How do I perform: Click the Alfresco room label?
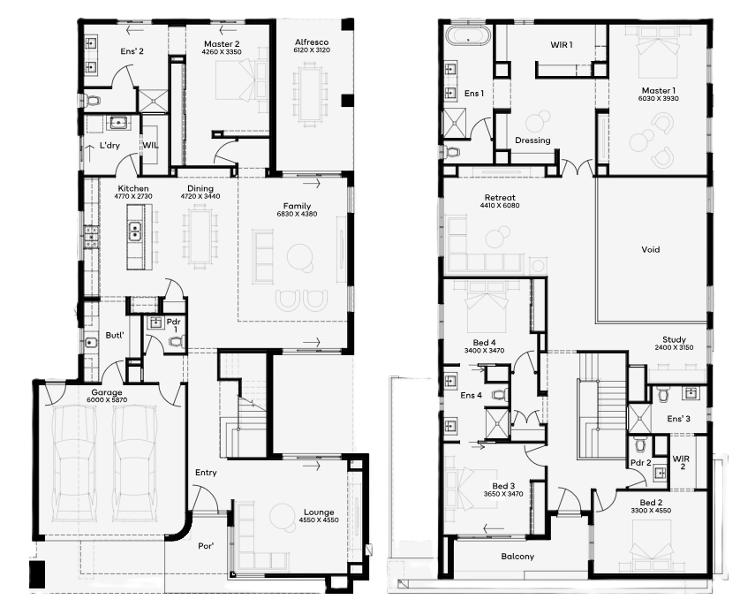pyautogui.click(x=312, y=42)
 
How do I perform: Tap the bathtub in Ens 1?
pyautogui.click(x=467, y=36)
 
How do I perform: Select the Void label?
pyautogui.click(x=650, y=249)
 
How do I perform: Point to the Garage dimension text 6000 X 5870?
pyautogui.click(x=107, y=400)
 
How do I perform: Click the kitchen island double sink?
pyautogui.click(x=134, y=231)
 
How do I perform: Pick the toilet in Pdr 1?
pyautogui.click(x=177, y=341)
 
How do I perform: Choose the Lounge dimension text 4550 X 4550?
pyautogui.click(x=319, y=520)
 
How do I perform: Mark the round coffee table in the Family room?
pyautogui.click(x=299, y=257)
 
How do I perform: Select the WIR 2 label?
pyautogui.click(x=682, y=462)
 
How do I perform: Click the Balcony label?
pyautogui.click(x=517, y=557)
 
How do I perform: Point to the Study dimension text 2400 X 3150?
pyautogui.click(x=674, y=347)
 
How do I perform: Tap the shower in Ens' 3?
pyautogui.click(x=639, y=419)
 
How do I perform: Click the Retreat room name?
pyautogui.click(x=500, y=197)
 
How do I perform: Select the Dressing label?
pyautogui.click(x=532, y=140)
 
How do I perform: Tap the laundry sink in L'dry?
pyautogui.click(x=116, y=124)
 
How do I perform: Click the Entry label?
pyautogui.click(x=206, y=473)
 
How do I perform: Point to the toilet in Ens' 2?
pyautogui.click(x=92, y=101)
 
